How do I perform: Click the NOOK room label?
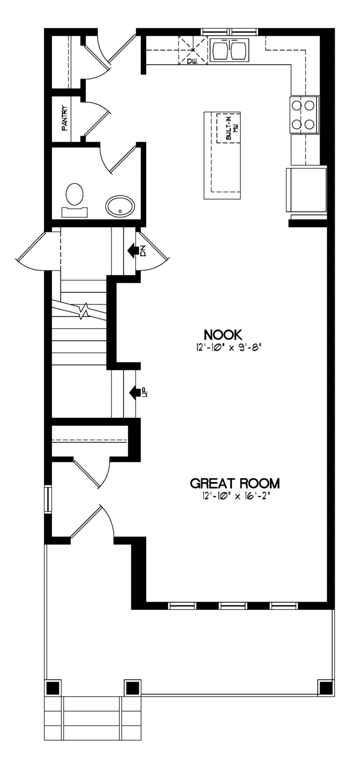[223, 334]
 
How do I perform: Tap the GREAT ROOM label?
[235, 483]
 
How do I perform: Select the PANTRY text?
[64, 118]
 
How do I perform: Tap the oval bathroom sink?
[120, 205]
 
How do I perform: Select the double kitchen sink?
[229, 50]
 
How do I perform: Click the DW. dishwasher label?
[193, 61]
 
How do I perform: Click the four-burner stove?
[304, 115]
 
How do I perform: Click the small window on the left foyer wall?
[48, 499]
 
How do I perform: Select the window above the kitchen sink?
[230, 32]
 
